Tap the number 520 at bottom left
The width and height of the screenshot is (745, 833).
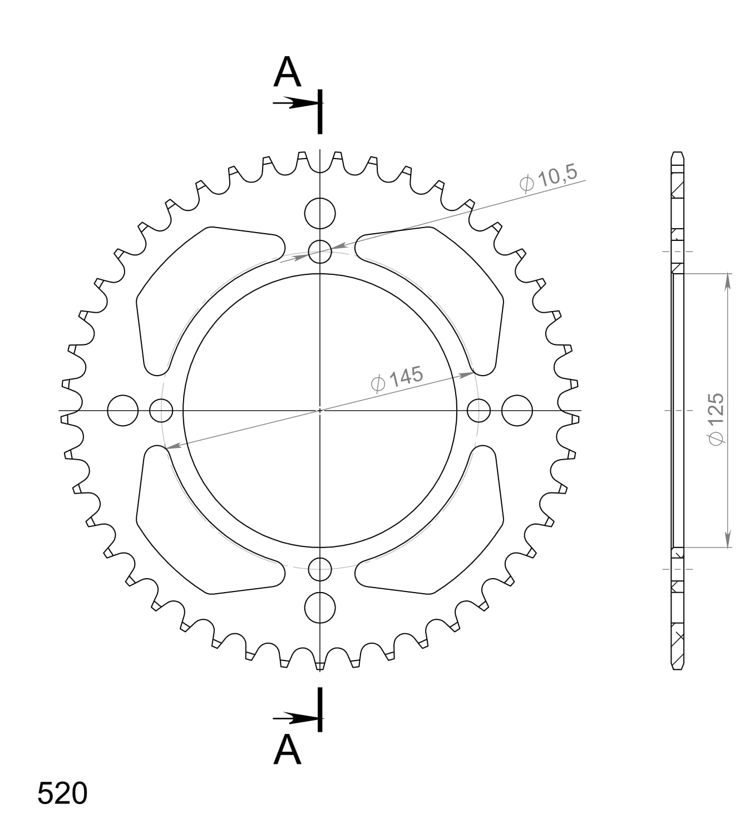pyautogui.click(x=62, y=794)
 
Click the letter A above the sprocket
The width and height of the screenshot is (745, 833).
pyautogui.click(x=287, y=73)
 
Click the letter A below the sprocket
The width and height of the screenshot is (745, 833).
pyautogui.click(x=287, y=750)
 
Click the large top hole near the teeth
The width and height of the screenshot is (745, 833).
pyautogui.click(x=320, y=213)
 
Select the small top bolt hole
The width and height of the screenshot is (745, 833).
pyautogui.click(x=320, y=251)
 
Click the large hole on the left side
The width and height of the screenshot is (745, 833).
pyautogui.click(x=122, y=411)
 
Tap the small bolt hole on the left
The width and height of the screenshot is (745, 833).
pyautogui.click(x=161, y=411)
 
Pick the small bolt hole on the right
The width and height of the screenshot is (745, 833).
pyautogui.click(x=478, y=411)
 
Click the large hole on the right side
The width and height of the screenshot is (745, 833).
pyautogui.click(x=517, y=411)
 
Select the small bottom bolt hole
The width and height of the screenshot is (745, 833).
pyautogui.click(x=320, y=569)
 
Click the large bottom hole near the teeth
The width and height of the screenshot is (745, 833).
pyautogui.click(x=320, y=607)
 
